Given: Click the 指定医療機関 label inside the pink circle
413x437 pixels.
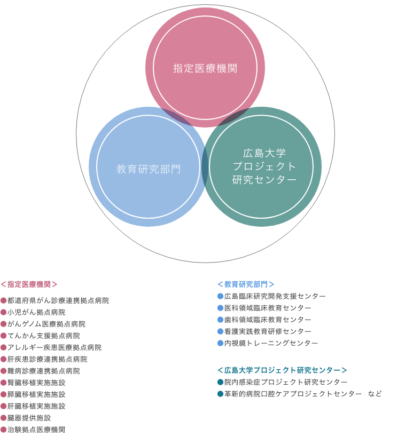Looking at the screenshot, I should pos(205,68).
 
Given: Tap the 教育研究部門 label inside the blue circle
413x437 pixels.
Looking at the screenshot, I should pos(149,169).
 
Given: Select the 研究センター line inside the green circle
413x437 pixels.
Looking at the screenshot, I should pos(264,179).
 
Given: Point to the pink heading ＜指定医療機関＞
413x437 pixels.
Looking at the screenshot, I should pos(29,284).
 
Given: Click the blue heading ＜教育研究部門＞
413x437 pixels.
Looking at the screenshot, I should pos(246,284).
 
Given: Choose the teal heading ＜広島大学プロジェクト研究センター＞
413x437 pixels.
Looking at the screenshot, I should pos(283,370).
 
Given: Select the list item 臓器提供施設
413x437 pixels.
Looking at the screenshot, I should pos(29,418).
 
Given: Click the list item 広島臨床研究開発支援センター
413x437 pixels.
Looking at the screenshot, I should pos(275,296).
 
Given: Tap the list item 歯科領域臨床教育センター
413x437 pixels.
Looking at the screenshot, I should pos(268,320).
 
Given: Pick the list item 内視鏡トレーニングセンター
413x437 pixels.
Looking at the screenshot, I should pos(271,343).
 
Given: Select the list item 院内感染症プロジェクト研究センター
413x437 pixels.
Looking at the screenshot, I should pos(286,382).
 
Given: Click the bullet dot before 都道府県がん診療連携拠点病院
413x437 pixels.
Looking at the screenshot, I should pos(3,301).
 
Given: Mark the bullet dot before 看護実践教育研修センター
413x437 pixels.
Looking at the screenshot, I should pos(220,331).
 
